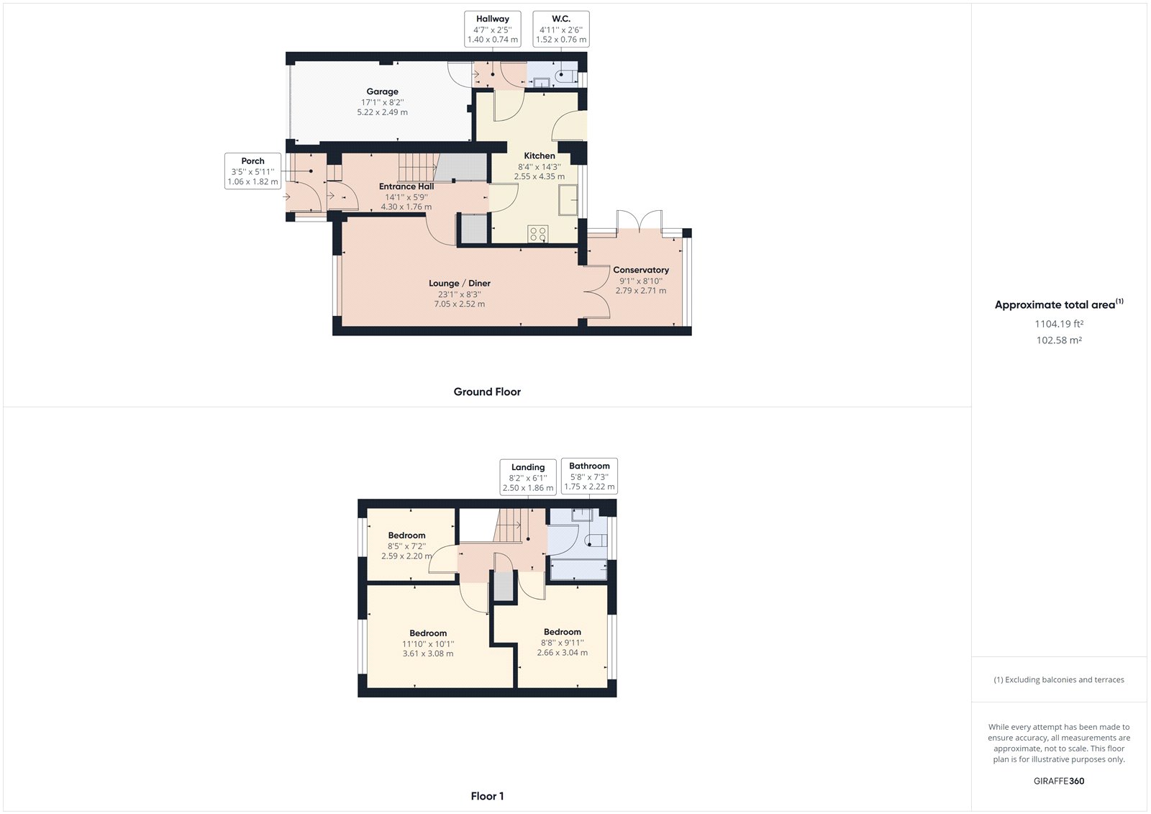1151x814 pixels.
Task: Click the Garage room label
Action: click(x=382, y=91)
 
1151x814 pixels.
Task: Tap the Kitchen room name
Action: click(x=540, y=155)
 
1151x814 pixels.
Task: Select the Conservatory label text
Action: click(x=641, y=270)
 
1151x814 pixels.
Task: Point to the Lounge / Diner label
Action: click(x=460, y=284)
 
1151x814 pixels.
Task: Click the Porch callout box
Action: click(x=253, y=171)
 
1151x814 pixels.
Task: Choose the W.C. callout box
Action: click(x=561, y=30)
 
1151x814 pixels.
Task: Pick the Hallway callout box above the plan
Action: click(x=493, y=30)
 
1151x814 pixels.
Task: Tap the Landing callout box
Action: click(x=528, y=477)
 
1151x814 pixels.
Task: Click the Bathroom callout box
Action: click(x=589, y=476)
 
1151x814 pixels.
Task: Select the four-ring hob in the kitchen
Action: click(x=538, y=233)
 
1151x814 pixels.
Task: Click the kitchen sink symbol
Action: click(x=568, y=199)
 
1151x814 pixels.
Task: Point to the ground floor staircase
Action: click(x=418, y=168)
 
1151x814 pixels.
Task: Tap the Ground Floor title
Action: click(x=487, y=392)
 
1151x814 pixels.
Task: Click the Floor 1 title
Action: click(x=487, y=796)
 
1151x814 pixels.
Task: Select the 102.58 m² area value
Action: click(x=1059, y=340)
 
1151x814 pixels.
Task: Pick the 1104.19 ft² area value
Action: click(x=1059, y=324)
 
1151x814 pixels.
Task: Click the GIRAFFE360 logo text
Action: click(x=1059, y=781)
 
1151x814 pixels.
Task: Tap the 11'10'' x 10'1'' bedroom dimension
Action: click(x=428, y=644)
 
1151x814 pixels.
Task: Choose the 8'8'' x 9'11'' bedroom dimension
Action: click(x=563, y=643)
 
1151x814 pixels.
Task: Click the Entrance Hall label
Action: click(x=406, y=186)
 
